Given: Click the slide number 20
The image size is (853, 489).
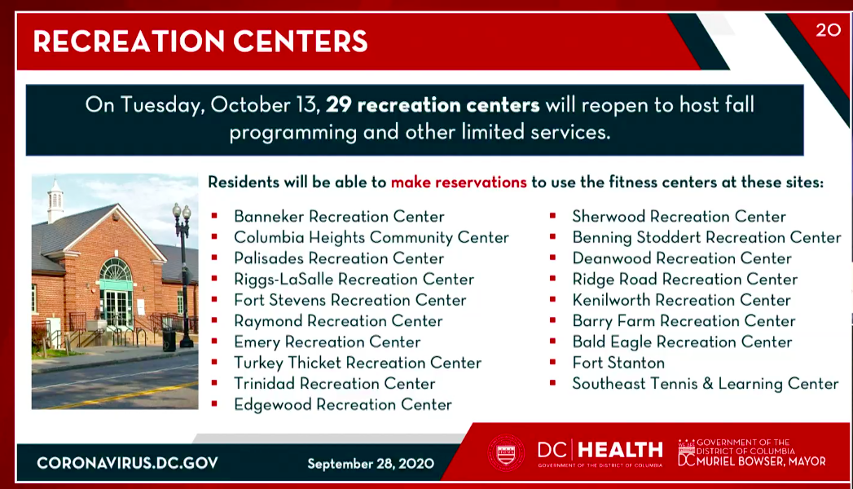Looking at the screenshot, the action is pos(828,29).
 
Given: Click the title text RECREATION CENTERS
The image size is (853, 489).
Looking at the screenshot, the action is pos(200,42).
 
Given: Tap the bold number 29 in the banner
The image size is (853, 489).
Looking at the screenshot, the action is pos(338,104).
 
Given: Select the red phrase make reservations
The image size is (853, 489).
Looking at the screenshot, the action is pos(459,183).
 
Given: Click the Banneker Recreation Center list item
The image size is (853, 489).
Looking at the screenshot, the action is pos(339,217).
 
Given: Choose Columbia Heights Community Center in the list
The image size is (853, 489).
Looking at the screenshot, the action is pos(372,238).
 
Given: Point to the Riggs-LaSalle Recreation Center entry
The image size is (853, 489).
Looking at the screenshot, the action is pos(354,280).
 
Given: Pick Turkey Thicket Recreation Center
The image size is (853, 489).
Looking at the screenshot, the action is pos(358,363).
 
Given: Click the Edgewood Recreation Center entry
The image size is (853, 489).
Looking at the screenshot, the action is pos(343,405).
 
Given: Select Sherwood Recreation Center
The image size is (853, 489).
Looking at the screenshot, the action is pos(679,217).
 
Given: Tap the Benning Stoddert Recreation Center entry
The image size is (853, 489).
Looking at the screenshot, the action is pos(706,238).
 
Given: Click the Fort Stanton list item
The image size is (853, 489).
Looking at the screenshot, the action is pos(618,363).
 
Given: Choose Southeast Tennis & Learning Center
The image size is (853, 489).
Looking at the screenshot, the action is pos(705,384).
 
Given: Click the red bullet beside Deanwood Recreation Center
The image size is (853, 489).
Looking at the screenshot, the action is pos(552,258).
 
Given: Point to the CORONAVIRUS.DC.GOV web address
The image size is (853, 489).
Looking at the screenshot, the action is pos(127,464).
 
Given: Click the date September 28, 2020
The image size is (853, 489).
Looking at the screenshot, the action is pos(371,464).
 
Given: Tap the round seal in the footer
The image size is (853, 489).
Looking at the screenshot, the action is pos(506,452).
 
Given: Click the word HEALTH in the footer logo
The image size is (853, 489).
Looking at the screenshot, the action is pos(620,451).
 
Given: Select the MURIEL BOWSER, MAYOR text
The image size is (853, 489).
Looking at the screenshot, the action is pos(761,462).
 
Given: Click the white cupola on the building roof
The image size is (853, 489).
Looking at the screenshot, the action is pos(55,200).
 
